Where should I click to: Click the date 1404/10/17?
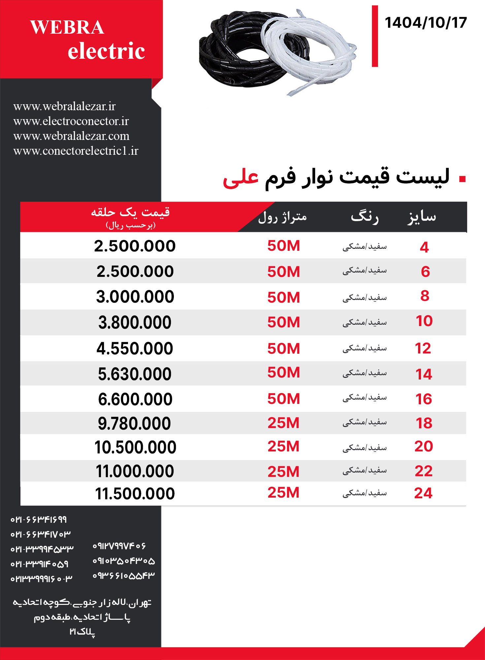click(426, 23)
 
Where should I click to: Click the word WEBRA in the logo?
click(67, 27)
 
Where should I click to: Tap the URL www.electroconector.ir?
click(71, 121)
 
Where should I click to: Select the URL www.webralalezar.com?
click(71, 136)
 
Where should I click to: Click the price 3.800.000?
click(135, 322)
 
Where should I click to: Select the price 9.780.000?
click(134, 423)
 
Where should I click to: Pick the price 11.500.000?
click(135, 494)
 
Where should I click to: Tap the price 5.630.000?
click(135, 374)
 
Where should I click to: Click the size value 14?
click(424, 374)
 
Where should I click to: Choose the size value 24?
click(423, 493)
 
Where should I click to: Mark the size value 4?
click(424, 247)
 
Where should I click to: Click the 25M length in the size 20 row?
click(283, 446)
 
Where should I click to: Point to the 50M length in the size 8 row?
click(283, 297)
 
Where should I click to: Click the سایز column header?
click(422, 217)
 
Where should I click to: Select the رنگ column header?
click(365, 217)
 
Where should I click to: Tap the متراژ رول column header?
click(282, 217)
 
